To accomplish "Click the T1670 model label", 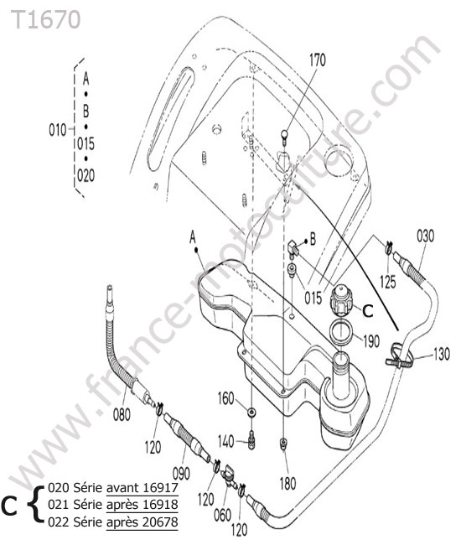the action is point(46,20).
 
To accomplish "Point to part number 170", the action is point(318,60).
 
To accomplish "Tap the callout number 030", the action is point(425,236).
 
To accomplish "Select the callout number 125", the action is point(388,282).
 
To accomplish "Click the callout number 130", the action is point(441,354).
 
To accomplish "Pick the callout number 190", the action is point(371,341).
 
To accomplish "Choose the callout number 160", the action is point(225,398).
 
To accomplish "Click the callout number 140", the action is point(225,441).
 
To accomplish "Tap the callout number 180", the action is point(287,483).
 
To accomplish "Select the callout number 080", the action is point(122,415).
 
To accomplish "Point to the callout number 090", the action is point(181,473).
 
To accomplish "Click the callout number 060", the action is point(222,515).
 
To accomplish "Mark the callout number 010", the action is point(57,130).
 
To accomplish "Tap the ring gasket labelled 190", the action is point(341,333).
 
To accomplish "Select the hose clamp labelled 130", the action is point(400,355).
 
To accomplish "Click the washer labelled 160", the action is point(251,413).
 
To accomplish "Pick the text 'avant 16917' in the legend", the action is point(142,488).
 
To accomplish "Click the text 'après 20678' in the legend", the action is point(142,522).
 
